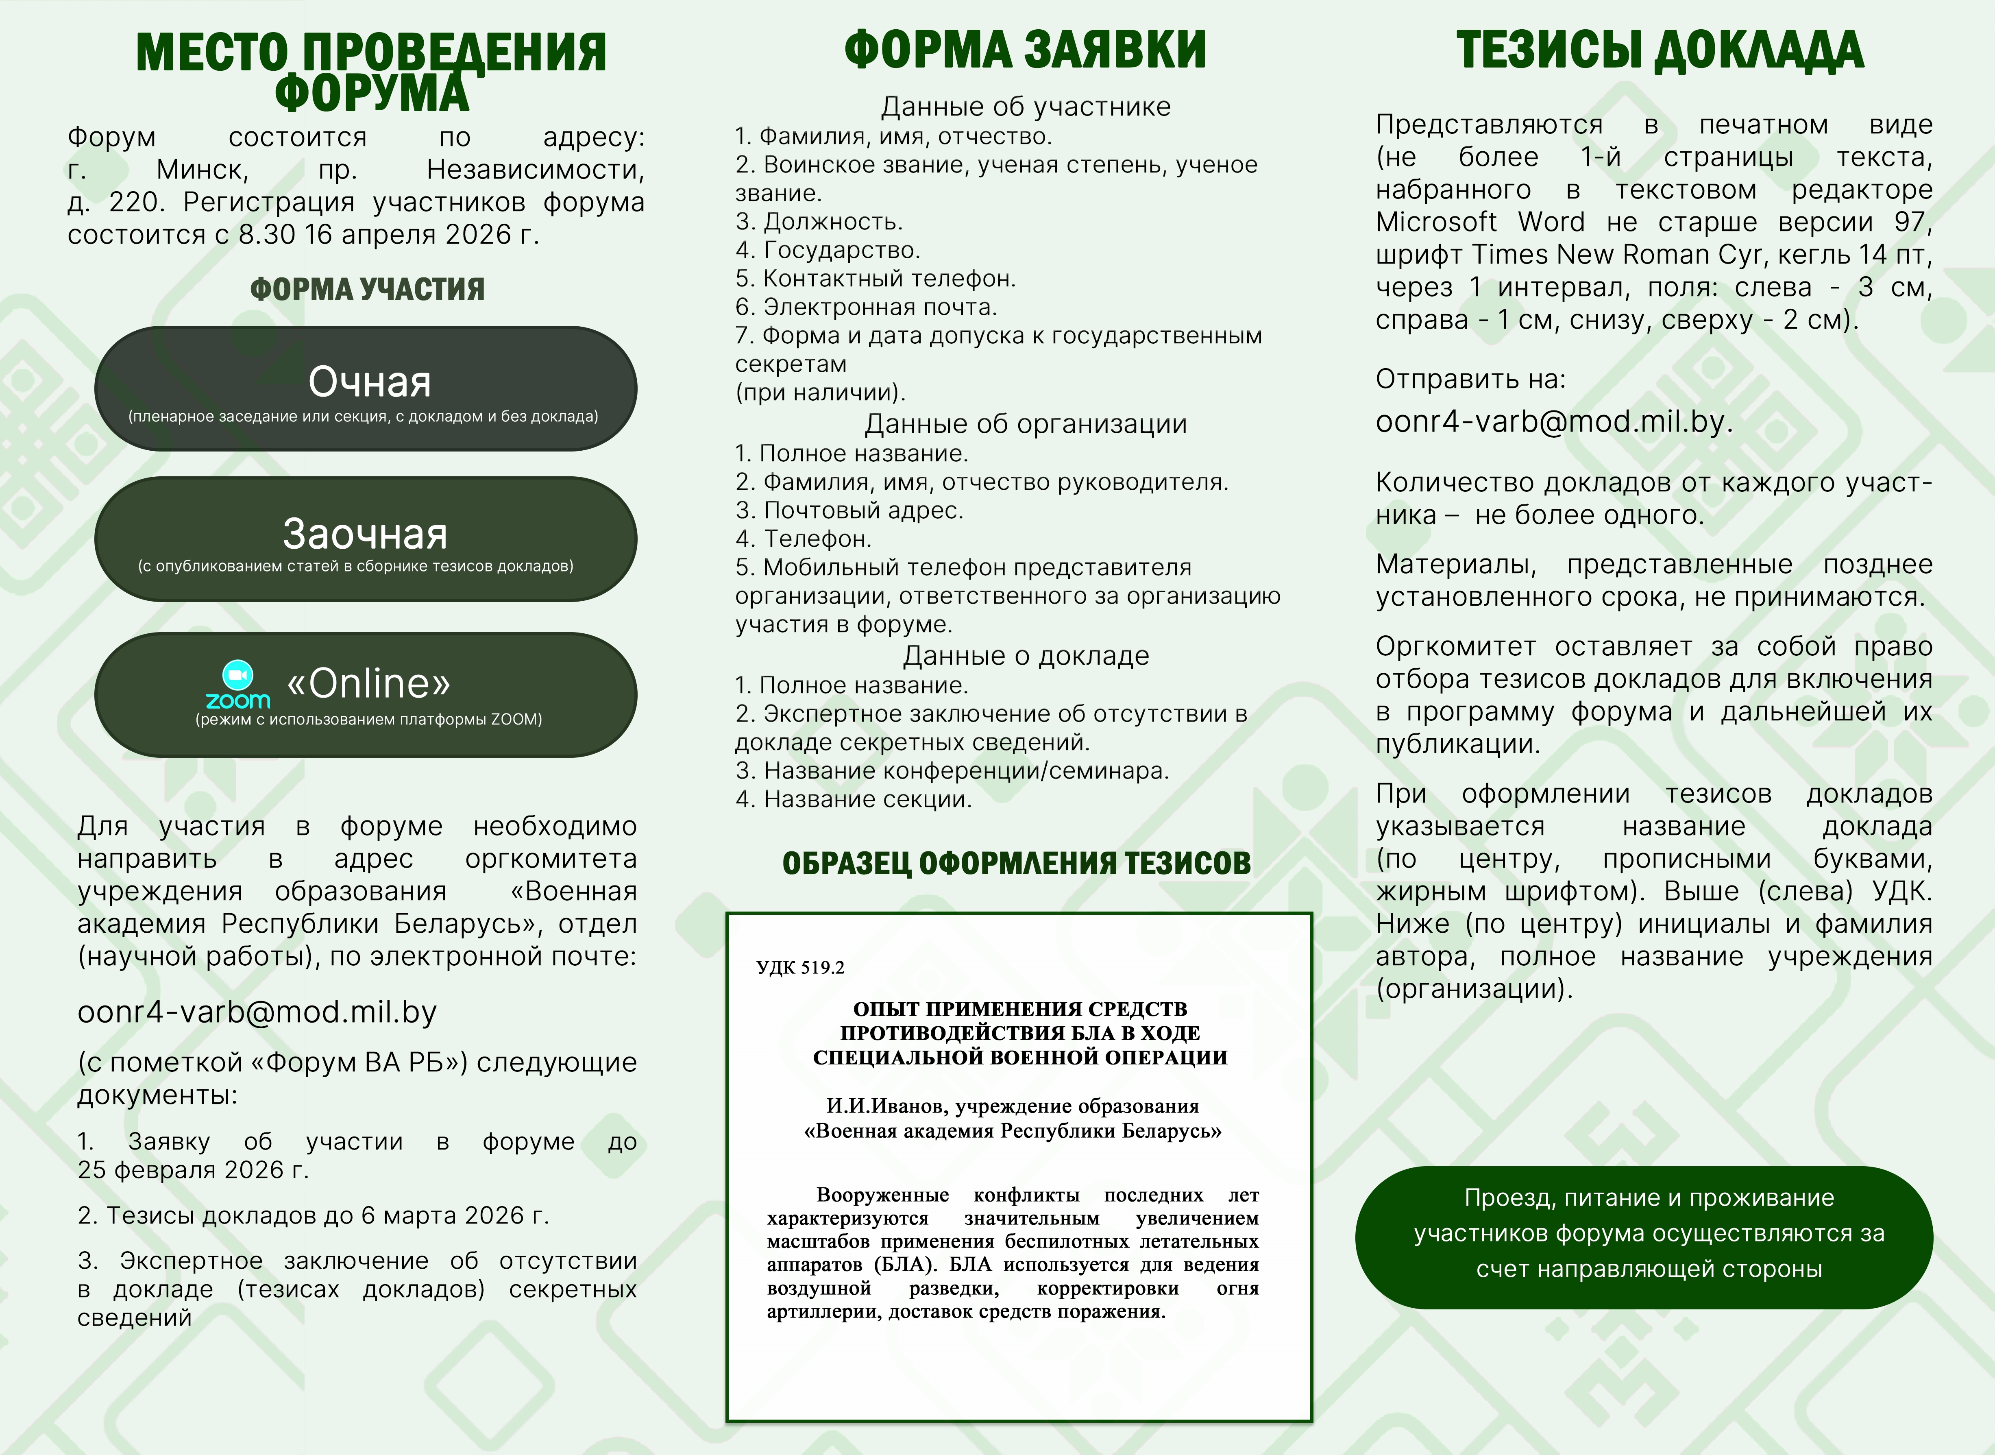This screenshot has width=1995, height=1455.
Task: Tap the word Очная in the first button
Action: pos(370,382)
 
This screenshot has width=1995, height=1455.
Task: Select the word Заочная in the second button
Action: pos(365,534)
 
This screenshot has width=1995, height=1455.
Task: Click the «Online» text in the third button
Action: pos(369,683)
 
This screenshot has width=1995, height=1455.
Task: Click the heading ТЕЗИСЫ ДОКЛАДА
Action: pos(1660,50)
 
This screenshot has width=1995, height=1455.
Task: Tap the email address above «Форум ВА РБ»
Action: pos(257,1012)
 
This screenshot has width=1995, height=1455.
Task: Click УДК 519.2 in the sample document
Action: pos(800,967)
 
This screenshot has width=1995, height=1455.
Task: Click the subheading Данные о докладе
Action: pos(1026,656)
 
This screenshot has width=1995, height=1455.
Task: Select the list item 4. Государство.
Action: pos(828,250)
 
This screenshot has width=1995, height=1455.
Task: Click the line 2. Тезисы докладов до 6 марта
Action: pos(313,1215)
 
